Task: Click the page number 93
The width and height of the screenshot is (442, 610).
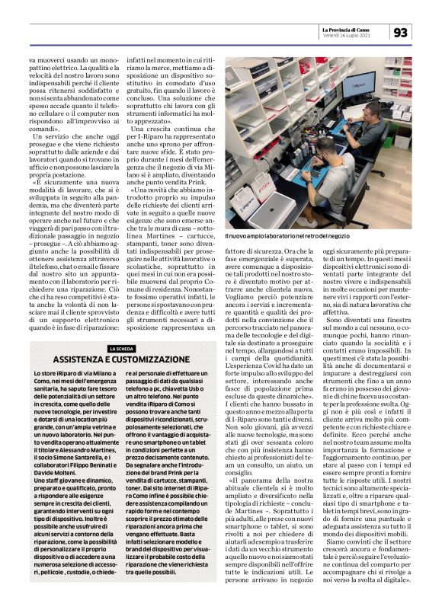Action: tap(401, 33)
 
